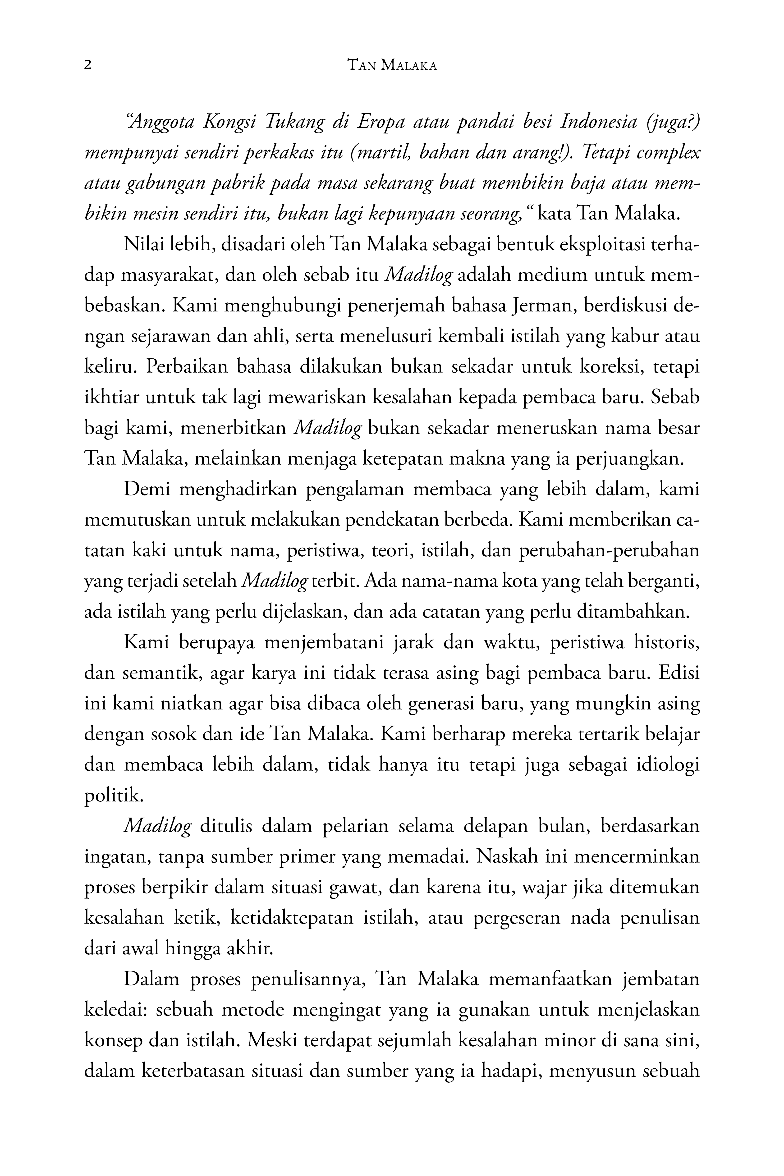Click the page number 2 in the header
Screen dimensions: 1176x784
coord(88,65)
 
